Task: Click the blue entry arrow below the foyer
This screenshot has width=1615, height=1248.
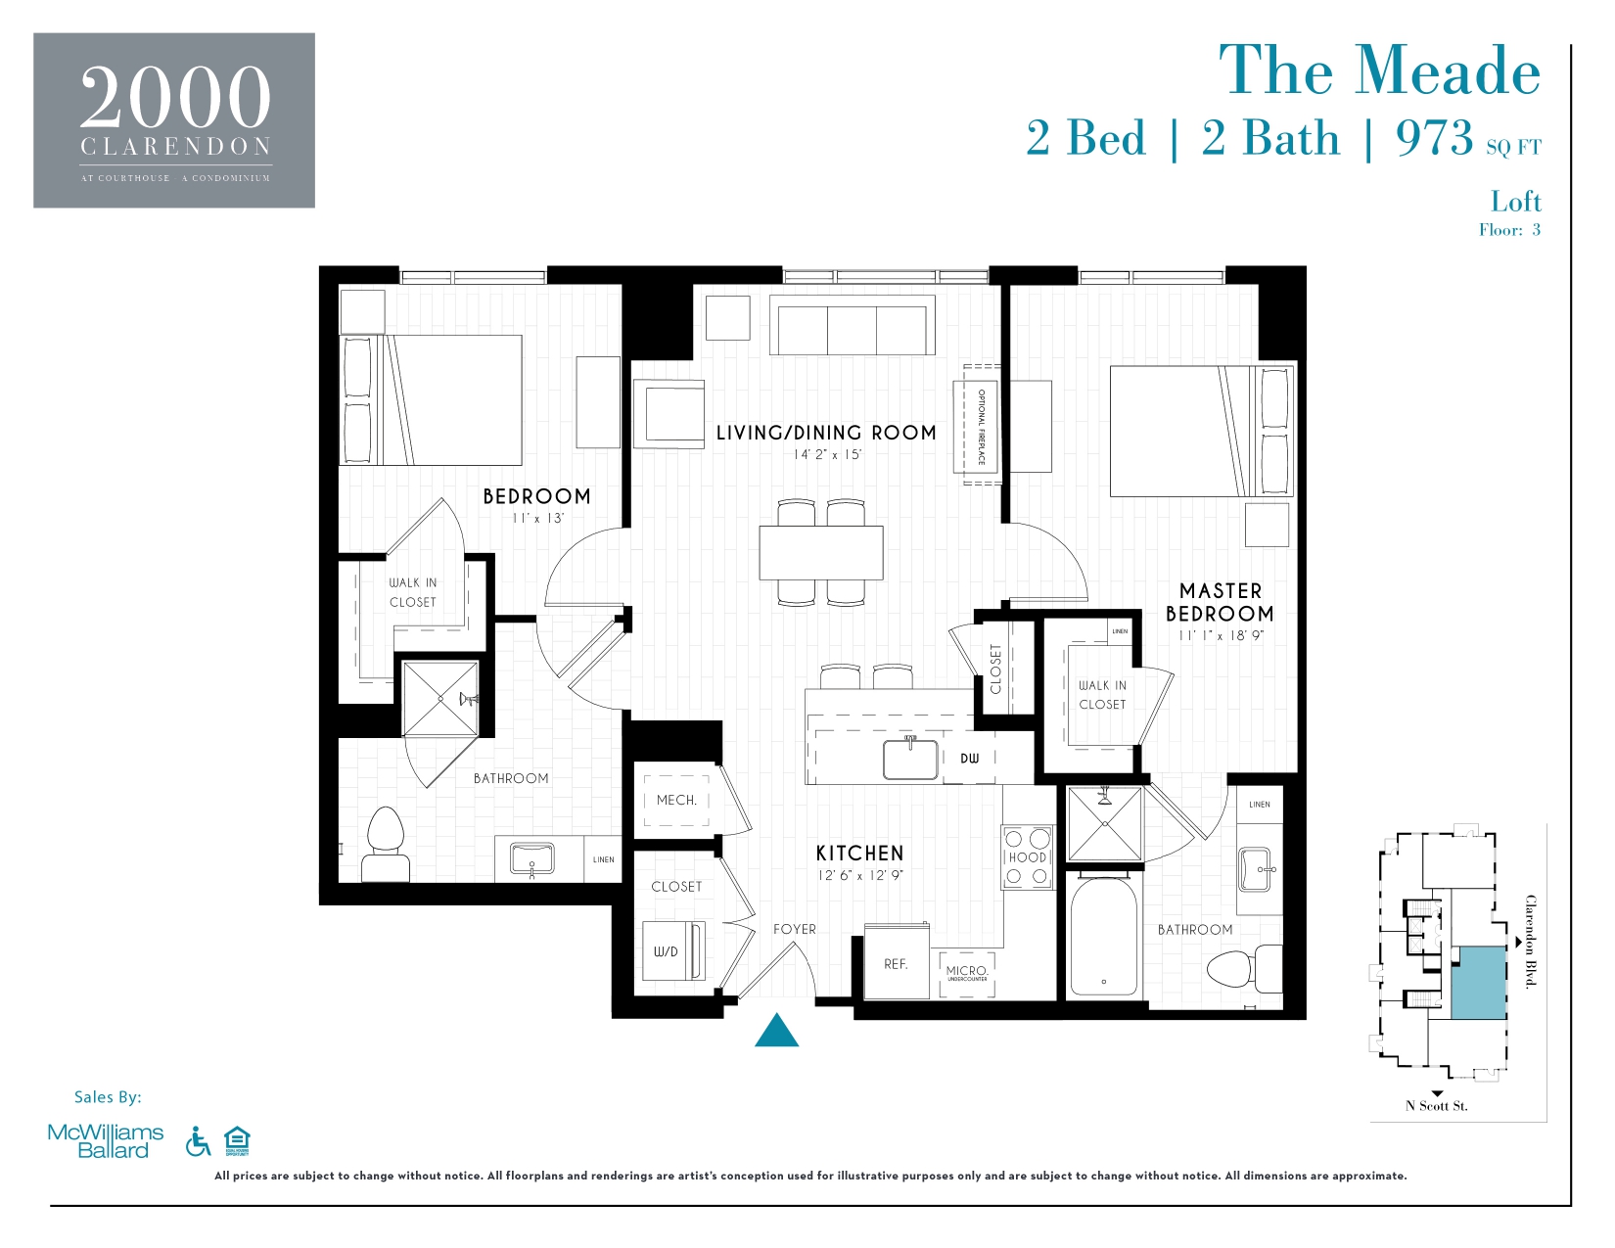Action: (x=776, y=1032)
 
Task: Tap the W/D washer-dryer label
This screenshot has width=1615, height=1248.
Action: (x=666, y=951)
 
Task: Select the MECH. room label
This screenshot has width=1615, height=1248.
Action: (x=676, y=800)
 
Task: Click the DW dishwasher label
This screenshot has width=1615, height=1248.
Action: (x=969, y=759)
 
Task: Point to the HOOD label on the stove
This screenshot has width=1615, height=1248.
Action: (x=1027, y=857)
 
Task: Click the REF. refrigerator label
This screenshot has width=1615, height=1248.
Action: (x=896, y=964)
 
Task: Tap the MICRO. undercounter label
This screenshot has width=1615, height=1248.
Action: (x=966, y=972)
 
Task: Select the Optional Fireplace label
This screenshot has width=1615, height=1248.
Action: (x=982, y=427)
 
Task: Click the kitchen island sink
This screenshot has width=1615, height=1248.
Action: (x=910, y=760)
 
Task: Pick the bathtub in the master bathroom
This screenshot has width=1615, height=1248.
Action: (x=1103, y=937)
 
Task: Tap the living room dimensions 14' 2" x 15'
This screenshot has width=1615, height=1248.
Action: (x=827, y=455)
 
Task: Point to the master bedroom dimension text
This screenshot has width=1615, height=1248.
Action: (x=1221, y=635)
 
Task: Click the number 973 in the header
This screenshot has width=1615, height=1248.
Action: (x=1434, y=138)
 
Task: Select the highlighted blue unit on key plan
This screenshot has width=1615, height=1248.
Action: (x=1478, y=983)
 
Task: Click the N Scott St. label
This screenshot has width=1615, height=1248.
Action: (x=1436, y=1106)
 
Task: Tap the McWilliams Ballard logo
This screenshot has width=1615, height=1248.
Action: (x=106, y=1141)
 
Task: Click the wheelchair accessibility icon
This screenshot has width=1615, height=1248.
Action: (x=198, y=1141)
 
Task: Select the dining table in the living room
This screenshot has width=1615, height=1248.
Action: (x=821, y=553)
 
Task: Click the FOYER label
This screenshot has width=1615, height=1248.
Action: (x=794, y=929)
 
